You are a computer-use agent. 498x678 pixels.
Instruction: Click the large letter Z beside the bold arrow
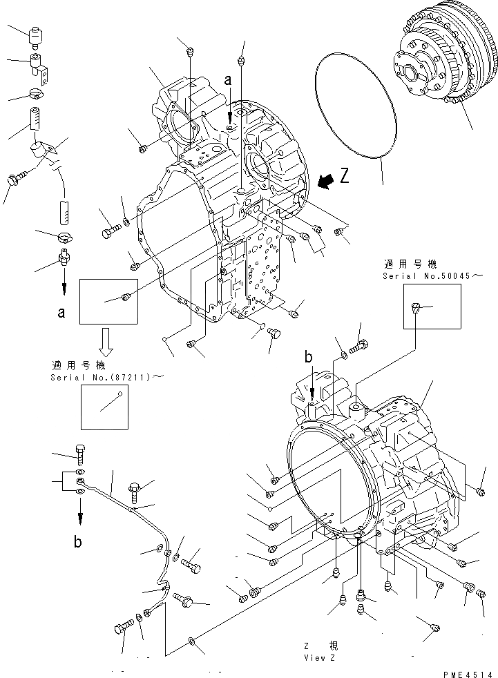(x=344, y=176)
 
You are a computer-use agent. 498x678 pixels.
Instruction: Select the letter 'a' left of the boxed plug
(x=61, y=313)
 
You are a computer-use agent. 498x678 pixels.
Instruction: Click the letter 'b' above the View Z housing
(x=309, y=357)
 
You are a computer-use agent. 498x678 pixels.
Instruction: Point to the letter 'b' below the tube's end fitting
(x=77, y=542)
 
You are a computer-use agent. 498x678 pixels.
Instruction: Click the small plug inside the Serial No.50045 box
(x=414, y=309)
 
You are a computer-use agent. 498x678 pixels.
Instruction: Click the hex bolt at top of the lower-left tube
(x=79, y=452)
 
